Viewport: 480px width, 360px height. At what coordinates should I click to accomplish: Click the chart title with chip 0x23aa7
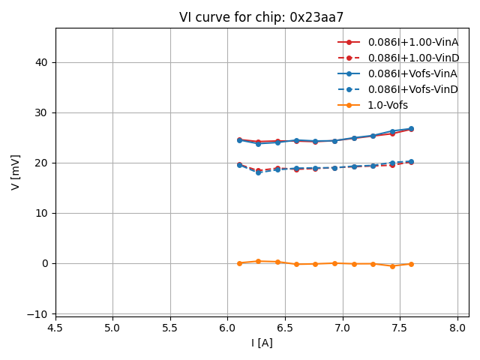262,17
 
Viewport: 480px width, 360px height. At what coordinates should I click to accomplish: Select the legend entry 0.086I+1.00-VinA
412,42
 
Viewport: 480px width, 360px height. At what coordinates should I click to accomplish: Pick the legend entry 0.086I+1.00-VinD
412,58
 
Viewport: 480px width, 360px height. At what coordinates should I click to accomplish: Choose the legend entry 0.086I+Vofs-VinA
412,73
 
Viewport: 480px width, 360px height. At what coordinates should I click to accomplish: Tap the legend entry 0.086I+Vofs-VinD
412,89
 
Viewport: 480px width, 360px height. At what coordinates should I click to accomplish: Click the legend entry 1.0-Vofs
388,105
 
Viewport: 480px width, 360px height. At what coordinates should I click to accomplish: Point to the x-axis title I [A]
262,343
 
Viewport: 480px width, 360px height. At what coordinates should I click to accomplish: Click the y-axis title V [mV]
15,172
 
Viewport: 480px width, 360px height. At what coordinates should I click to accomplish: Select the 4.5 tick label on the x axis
55,328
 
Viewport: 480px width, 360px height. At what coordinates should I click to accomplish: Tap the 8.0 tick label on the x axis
457,328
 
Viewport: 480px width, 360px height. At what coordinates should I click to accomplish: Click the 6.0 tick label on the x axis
228,328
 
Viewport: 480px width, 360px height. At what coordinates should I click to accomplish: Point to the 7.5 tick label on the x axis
400,328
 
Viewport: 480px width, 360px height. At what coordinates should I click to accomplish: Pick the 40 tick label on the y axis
42,62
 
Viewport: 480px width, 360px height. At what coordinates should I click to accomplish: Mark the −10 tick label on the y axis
39,313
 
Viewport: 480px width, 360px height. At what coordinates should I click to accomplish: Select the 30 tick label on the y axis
42,112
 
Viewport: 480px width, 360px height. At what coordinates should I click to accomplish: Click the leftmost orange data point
239,263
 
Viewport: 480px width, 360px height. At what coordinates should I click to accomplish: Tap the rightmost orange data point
411,264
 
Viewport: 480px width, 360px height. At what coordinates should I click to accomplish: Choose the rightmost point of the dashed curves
411,161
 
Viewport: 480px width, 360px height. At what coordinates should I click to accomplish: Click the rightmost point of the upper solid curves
411,129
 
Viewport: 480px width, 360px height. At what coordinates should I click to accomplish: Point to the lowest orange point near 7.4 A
392,266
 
